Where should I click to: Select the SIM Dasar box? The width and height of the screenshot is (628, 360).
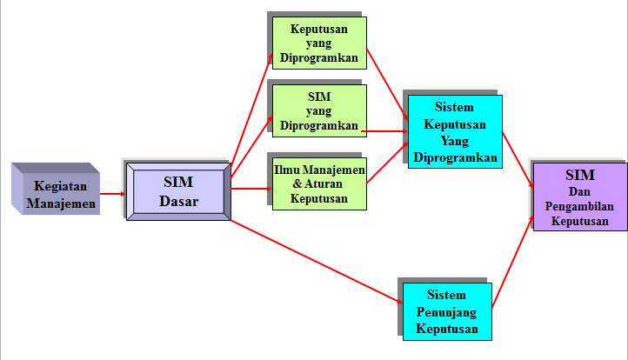178,191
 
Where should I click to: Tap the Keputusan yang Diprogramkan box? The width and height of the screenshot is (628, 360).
318,44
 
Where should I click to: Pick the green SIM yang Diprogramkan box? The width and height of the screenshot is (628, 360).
318,110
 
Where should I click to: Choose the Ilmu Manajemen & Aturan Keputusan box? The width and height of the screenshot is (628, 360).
318,183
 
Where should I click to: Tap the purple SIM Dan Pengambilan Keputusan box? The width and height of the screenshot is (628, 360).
580,197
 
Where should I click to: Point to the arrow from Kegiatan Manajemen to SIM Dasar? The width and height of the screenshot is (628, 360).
111,193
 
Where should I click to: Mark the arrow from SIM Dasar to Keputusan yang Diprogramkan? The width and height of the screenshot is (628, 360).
251,113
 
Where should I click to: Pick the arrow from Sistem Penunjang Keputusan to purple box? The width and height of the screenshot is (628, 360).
513,261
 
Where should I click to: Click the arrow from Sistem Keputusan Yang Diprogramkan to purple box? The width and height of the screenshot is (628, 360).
518,157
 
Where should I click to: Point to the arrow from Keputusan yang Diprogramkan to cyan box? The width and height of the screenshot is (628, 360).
387,84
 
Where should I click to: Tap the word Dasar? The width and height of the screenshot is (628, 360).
178,201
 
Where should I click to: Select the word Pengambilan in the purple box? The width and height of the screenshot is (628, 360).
581,206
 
